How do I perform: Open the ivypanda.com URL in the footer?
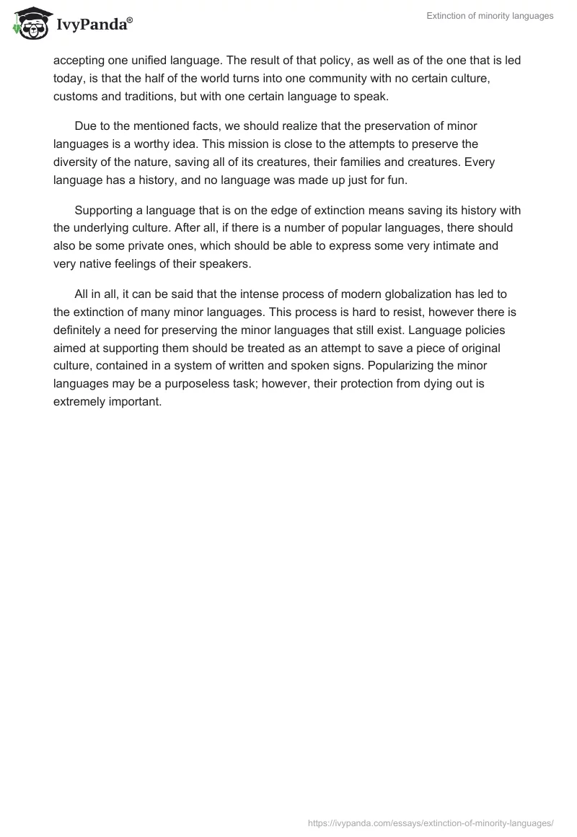pos(431,822)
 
